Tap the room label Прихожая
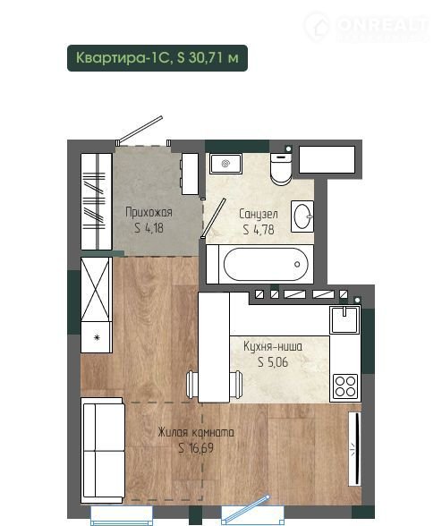pyautogui.click(x=149, y=212)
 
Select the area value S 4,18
pyautogui.click(x=149, y=228)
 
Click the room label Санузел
pyautogui.click(x=259, y=214)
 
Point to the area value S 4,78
pyautogui.click(x=259, y=229)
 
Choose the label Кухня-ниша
pyautogui.click(x=273, y=346)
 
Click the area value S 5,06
pyautogui.click(x=273, y=362)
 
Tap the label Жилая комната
pyautogui.click(x=196, y=432)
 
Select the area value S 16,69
pyautogui.click(x=196, y=448)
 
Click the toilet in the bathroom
pyautogui.click(x=281, y=168)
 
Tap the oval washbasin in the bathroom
pyautogui.click(x=302, y=216)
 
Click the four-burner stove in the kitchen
pyautogui.click(x=345, y=386)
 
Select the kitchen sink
pyautogui.click(x=344, y=319)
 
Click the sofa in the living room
pyautogui.click(x=102, y=450)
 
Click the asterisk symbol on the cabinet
pyautogui.click(x=97, y=337)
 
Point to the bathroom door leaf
pyautogui.click(x=214, y=218)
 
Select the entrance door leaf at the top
pyautogui.click(x=140, y=129)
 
